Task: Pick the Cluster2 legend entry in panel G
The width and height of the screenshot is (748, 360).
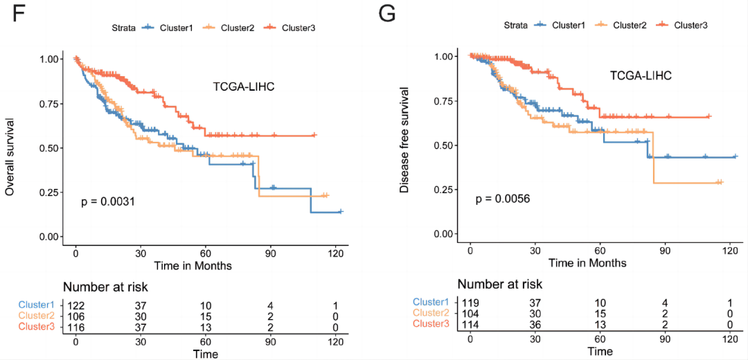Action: click(x=630, y=25)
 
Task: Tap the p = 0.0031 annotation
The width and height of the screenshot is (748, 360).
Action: click(x=107, y=202)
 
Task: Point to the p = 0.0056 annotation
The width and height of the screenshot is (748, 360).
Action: click(x=502, y=199)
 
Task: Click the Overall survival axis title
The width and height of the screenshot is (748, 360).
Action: click(x=10, y=147)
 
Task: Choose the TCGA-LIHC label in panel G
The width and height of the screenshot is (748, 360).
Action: click(x=641, y=75)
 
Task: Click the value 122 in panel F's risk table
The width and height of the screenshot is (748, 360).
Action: click(x=77, y=305)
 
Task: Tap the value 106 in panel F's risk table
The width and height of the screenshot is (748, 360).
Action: click(x=77, y=316)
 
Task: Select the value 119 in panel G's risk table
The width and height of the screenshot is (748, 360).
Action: click(x=471, y=303)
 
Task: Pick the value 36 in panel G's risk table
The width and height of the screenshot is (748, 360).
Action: click(x=535, y=324)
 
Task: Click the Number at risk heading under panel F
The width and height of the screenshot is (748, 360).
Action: click(x=105, y=287)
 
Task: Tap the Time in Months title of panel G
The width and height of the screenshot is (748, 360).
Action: click(x=587, y=263)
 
